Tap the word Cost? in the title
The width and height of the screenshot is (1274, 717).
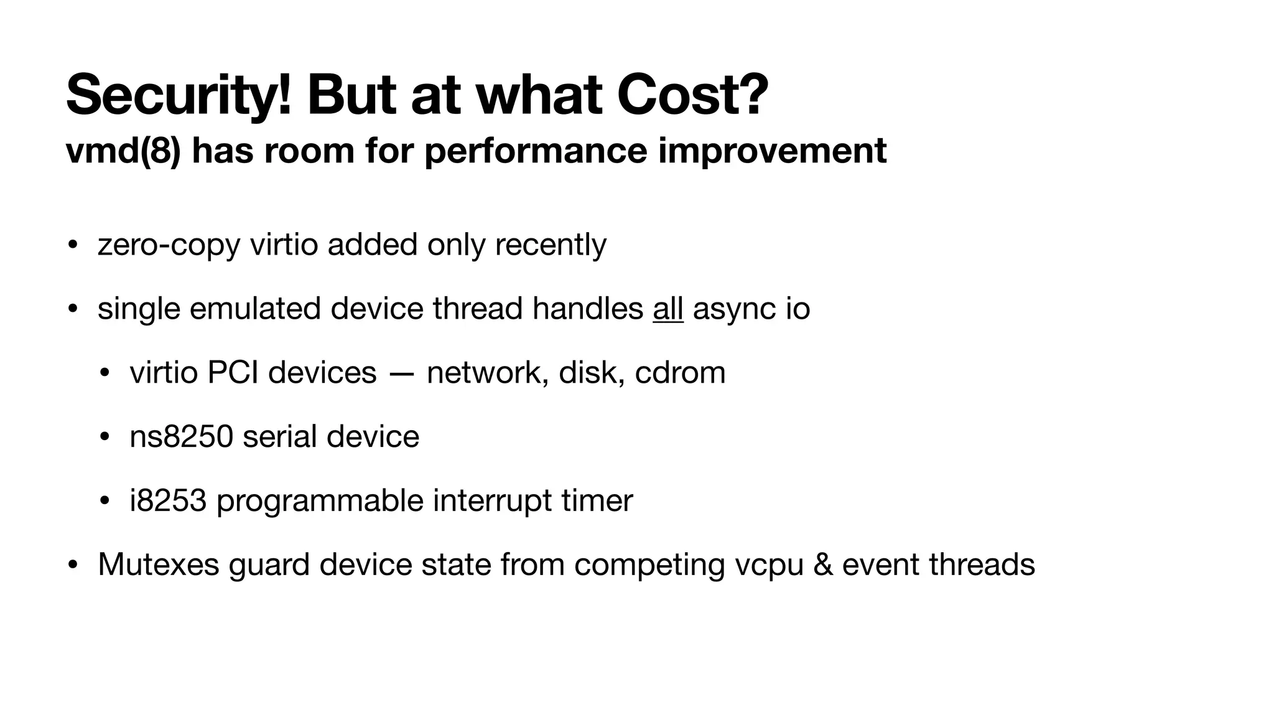point(692,95)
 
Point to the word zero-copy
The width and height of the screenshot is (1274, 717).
point(169,245)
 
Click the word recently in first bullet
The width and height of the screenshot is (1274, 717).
point(551,245)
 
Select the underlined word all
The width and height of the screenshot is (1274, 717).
point(668,309)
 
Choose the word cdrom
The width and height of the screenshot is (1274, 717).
point(680,373)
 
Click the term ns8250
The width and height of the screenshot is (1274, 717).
point(181,437)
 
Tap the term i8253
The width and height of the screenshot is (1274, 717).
point(168,500)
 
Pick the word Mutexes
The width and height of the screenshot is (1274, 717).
point(159,565)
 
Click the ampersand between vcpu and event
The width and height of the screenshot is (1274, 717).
point(822,565)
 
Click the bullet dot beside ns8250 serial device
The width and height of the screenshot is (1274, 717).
point(105,437)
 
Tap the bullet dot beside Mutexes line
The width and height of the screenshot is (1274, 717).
point(73,565)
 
